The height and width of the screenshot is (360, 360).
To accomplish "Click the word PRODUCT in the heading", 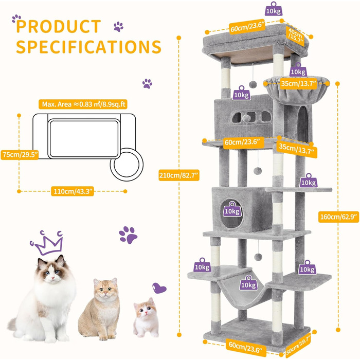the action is (59, 26).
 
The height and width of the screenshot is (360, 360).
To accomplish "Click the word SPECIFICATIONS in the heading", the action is (88, 47).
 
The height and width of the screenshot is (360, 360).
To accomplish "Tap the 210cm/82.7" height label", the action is (179, 175).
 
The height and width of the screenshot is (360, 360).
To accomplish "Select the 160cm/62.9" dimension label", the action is (338, 217).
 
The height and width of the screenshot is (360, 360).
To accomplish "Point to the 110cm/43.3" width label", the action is (73, 191).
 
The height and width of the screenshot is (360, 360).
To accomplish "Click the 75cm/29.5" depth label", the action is (20, 154).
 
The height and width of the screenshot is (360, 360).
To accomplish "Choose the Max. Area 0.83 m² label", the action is (83, 104).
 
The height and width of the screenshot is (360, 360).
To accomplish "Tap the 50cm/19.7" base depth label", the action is (298, 345).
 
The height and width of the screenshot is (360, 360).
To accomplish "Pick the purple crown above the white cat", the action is (47, 243).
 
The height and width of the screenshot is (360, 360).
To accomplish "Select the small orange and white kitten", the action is (146, 317).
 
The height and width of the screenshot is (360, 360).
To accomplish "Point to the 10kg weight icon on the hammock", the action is (248, 283).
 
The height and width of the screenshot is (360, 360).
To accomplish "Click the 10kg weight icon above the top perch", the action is (274, 9).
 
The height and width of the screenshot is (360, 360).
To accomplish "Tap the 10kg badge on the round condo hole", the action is (232, 209).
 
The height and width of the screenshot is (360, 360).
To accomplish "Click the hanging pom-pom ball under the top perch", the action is (253, 84).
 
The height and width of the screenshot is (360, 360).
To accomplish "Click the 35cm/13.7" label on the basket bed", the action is (298, 83).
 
